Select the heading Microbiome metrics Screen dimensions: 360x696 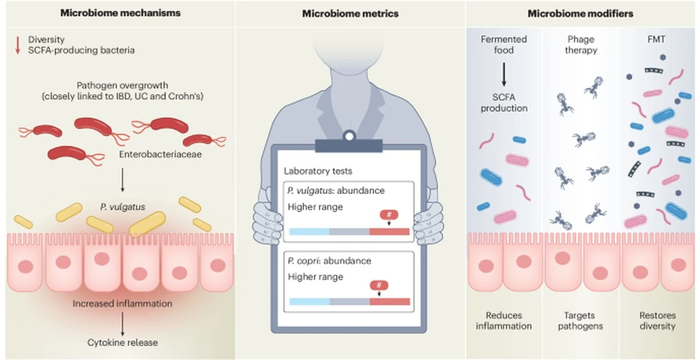point(350,13)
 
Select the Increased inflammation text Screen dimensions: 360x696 point(122,303)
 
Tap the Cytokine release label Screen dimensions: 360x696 point(122,342)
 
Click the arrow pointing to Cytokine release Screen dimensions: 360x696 point(123,323)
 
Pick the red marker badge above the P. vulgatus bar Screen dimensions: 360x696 point(389,215)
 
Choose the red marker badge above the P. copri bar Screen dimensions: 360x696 point(379,285)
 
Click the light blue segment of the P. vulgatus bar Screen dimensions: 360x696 point(309,232)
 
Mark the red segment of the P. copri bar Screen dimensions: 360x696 point(389,301)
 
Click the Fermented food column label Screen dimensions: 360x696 point(504,45)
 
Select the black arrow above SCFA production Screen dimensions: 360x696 point(504,76)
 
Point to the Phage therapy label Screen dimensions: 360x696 point(581,45)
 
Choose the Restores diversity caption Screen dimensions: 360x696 point(657,321)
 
